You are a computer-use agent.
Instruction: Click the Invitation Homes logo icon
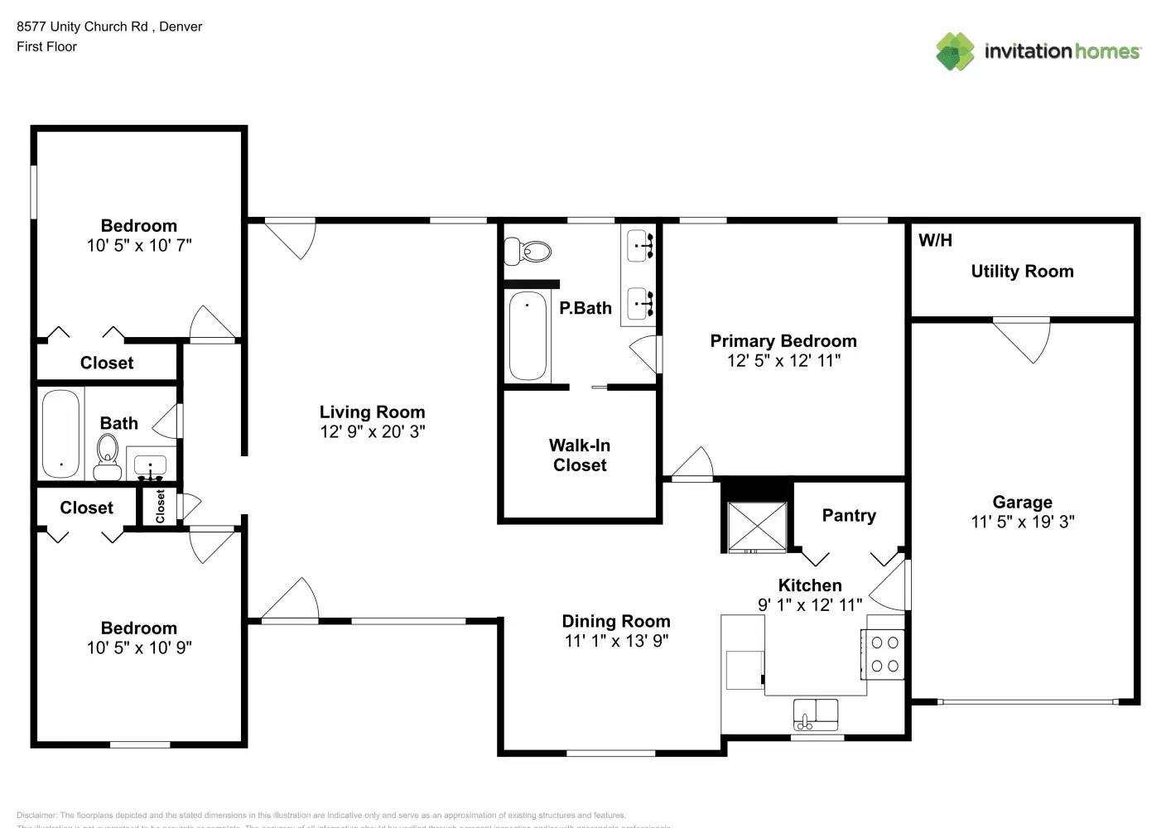[x=955, y=51]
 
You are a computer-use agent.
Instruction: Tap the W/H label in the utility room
[x=935, y=241]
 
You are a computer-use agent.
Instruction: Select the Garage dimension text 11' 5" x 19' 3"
[x=1022, y=522]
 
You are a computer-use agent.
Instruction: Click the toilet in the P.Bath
[x=528, y=250]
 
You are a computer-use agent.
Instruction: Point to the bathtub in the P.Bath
[x=528, y=336]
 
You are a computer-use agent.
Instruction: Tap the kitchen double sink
[x=816, y=713]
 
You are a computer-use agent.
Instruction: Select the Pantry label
[x=849, y=516]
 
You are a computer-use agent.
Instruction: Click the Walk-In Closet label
[x=580, y=455]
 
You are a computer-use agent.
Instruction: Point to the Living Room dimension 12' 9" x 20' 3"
[x=373, y=431]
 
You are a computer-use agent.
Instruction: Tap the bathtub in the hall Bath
[x=60, y=433]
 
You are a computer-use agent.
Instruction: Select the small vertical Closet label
[x=161, y=506]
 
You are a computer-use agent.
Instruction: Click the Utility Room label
[x=1022, y=272]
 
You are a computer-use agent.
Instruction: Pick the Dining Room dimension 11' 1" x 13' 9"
[x=616, y=641]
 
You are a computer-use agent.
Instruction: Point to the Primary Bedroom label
[x=783, y=341]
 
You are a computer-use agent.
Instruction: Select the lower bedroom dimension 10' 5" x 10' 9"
[x=139, y=647]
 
